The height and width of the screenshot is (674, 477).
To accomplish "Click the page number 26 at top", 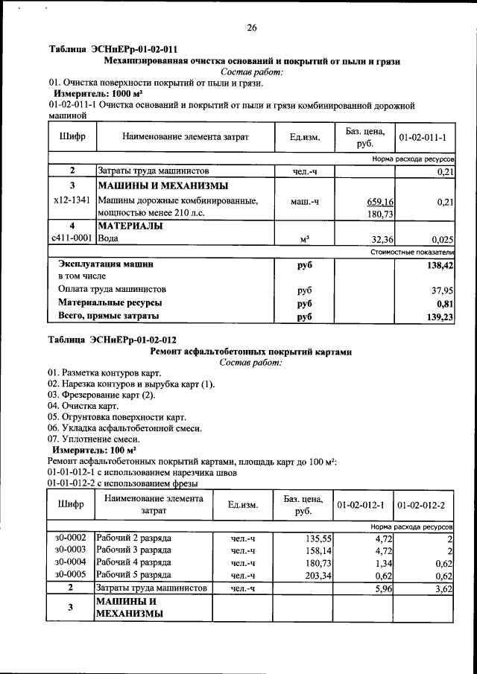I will click(x=252, y=28).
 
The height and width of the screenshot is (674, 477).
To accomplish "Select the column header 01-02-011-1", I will click(x=422, y=138).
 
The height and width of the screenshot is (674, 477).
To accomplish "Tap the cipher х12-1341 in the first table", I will click(x=72, y=200).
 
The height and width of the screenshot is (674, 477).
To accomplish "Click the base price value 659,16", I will click(x=380, y=201).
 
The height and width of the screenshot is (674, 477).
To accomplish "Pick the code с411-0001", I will click(x=72, y=238).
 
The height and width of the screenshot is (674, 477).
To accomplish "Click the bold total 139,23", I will click(x=440, y=317).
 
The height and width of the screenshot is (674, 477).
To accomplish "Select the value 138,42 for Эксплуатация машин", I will click(x=440, y=264).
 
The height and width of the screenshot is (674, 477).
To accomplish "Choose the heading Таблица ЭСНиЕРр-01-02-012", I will click(x=113, y=340).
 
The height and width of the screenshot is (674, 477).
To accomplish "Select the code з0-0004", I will click(x=71, y=562).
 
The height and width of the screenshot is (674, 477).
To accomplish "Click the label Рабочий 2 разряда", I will click(x=134, y=537).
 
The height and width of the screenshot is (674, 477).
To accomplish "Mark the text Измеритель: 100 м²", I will click(x=93, y=451).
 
